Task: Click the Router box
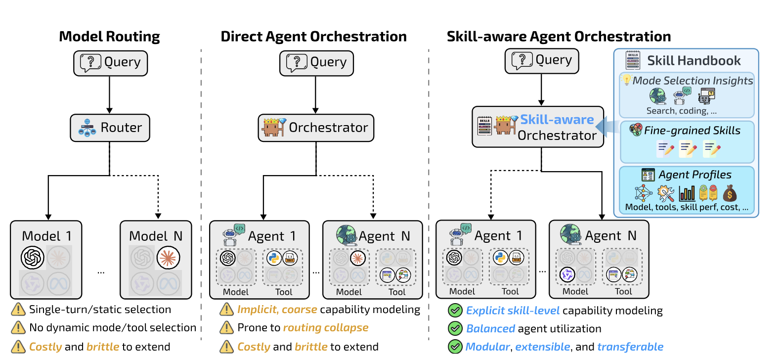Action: (x=110, y=128)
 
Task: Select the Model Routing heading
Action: (x=109, y=37)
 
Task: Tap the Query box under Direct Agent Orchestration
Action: (x=316, y=63)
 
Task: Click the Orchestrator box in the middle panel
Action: (x=316, y=128)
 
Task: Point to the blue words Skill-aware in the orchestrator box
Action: (x=557, y=120)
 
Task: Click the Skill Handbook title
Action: (x=694, y=61)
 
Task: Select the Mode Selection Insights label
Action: (x=693, y=81)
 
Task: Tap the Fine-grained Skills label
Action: (x=692, y=131)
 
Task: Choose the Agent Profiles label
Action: (x=694, y=175)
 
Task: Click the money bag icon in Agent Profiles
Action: (x=730, y=193)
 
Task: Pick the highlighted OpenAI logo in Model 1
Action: (x=33, y=258)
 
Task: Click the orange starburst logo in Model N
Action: (x=168, y=258)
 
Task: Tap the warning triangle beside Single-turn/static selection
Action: (x=18, y=310)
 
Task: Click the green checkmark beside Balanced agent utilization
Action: (x=455, y=328)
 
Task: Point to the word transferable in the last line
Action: (x=630, y=347)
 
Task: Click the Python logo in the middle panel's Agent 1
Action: (x=273, y=258)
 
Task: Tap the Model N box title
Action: (x=156, y=236)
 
